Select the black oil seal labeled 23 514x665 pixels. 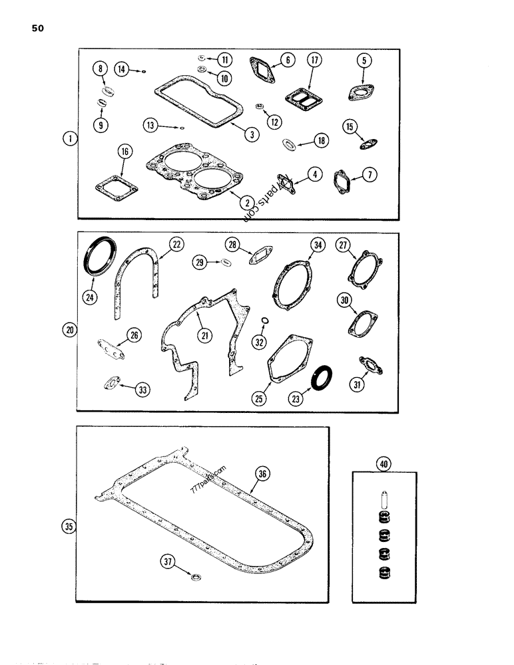click(324, 377)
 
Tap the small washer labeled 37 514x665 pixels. click(197, 573)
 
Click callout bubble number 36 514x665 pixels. click(263, 473)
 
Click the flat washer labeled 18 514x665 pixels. click(288, 142)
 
